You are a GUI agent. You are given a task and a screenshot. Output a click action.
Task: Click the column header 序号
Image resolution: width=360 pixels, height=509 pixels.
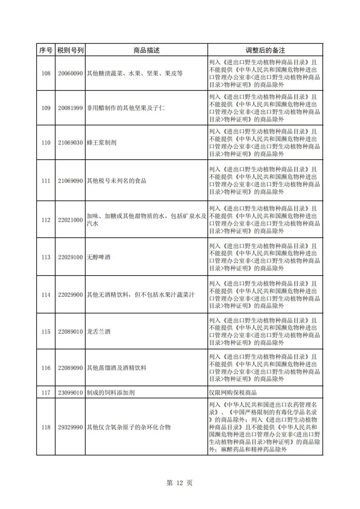click(46, 50)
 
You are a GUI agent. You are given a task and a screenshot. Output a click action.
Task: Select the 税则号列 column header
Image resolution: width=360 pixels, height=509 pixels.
click(70, 50)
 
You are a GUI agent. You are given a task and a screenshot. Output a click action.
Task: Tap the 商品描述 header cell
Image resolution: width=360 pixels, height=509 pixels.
click(146, 50)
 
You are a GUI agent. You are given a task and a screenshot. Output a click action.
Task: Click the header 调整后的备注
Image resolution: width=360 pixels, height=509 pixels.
click(265, 50)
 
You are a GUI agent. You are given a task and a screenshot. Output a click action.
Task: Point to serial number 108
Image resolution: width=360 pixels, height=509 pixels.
click(46, 73)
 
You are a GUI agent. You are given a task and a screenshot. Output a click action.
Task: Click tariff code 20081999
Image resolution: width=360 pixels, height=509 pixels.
click(70, 108)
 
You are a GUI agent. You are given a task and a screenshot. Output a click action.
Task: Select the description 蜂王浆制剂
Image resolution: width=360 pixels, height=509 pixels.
click(102, 143)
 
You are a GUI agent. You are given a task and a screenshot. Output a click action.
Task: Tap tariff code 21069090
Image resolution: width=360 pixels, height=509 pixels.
click(70, 181)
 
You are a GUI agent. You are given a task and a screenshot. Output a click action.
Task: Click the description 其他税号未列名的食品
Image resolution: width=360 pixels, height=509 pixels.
click(117, 181)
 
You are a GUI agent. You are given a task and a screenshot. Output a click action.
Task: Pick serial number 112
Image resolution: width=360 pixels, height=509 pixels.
click(46, 220)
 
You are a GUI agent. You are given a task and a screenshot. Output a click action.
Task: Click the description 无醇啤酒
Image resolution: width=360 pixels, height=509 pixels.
click(99, 257)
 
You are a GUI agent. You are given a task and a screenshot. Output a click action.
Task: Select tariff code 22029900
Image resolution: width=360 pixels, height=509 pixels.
click(70, 295)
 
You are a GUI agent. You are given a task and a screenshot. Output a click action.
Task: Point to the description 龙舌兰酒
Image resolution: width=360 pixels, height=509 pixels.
click(99, 332)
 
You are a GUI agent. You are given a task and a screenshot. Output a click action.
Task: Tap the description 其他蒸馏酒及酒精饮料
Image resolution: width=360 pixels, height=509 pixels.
click(117, 368)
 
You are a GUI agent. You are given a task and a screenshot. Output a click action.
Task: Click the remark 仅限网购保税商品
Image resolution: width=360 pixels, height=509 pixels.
click(233, 393)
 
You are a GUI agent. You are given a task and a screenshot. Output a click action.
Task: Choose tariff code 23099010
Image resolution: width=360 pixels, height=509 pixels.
click(70, 393)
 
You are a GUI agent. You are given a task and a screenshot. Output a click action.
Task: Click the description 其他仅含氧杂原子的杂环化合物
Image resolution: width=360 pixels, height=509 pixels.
click(129, 427)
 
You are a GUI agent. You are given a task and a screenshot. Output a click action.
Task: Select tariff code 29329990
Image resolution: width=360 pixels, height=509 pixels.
click(70, 427)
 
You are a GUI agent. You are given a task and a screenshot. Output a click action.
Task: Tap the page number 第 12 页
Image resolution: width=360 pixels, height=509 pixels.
click(179, 483)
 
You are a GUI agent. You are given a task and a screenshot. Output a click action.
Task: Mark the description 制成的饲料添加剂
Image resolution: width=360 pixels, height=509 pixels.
click(111, 393)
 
